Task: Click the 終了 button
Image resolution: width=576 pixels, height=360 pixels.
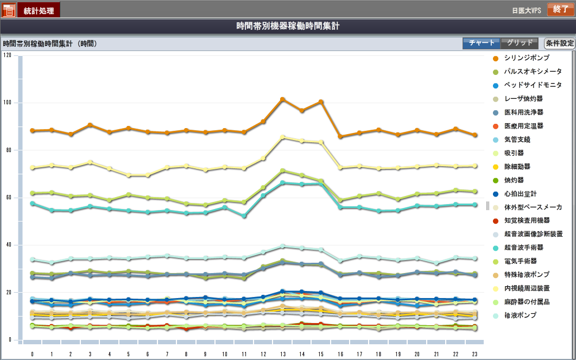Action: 560,9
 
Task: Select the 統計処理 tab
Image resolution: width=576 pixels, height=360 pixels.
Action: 39,10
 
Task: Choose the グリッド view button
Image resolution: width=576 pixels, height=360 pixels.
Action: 520,43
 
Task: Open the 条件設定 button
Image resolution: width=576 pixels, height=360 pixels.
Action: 560,43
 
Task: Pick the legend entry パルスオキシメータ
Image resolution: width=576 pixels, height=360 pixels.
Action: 533,71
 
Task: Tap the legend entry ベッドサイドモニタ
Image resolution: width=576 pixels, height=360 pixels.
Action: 533,85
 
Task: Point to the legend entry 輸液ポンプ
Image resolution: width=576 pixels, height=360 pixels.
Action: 520,315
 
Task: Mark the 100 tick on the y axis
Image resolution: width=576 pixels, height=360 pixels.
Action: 7,103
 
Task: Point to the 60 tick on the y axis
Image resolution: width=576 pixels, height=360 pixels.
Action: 8,198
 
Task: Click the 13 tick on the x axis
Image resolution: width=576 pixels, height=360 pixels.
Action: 283,353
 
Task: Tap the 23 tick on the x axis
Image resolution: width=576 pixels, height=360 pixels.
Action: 475,353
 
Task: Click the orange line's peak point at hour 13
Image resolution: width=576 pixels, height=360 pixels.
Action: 283,99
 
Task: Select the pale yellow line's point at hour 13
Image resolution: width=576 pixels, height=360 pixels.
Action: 283,137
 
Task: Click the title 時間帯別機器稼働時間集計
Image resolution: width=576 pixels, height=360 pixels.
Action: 288,26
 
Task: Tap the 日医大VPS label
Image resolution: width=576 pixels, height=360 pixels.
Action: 527,10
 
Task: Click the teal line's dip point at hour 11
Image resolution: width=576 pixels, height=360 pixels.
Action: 244,216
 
